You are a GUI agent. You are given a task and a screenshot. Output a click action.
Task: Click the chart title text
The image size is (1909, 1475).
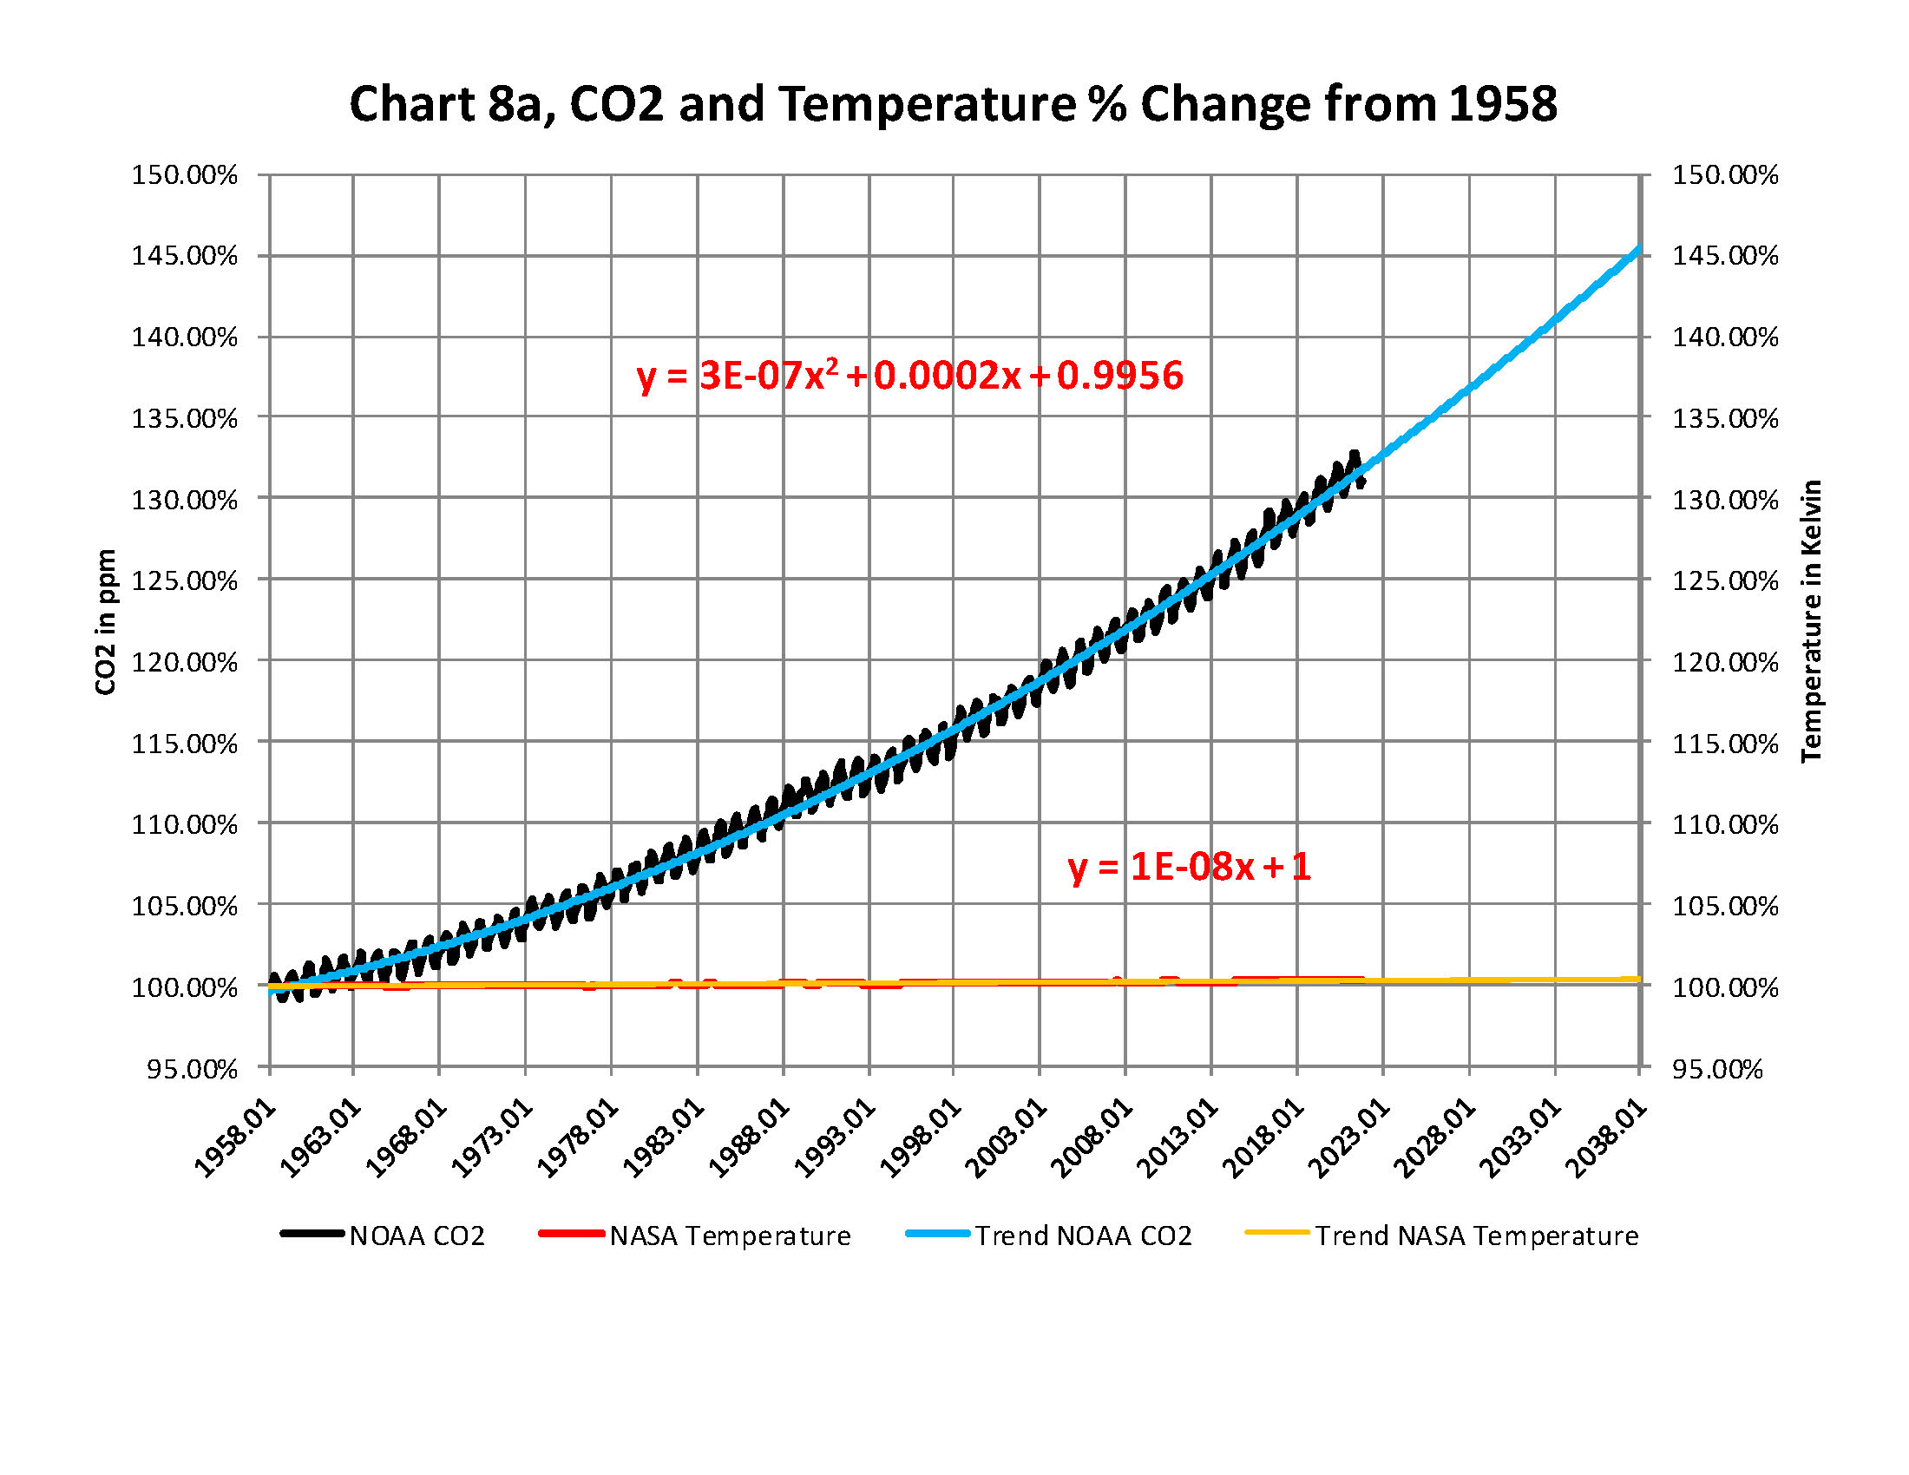pyautogui.click(x=953, y=104)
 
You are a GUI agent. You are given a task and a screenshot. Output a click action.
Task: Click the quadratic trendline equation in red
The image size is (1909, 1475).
pyautogui.click(x=909, y=376)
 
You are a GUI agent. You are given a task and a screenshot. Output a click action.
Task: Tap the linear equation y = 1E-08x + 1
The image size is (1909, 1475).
pyautogui.click(x=1189, y=867)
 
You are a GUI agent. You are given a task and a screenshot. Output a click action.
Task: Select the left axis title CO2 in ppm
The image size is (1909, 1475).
pyautogui.click(x=106, y=622)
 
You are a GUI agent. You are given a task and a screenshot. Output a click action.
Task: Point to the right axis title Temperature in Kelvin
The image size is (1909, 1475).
pyautogui.click(x=1811, y=620)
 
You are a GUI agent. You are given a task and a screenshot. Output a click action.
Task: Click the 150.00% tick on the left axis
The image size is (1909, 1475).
pyautogui.click(x=185, y=174)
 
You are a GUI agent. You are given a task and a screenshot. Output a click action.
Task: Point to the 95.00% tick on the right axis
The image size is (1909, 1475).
pyautogui.click(x=1716, y=1069)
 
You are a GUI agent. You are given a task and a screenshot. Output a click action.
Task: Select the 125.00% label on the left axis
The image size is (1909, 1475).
pyautogui.click(x=185, y=580)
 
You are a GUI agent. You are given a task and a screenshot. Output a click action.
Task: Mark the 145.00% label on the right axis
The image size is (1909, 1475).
pyautogui.click(x=1724, y=256)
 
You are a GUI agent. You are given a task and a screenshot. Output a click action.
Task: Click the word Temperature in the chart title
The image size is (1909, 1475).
pyautogui.click(x=927, y=104)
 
